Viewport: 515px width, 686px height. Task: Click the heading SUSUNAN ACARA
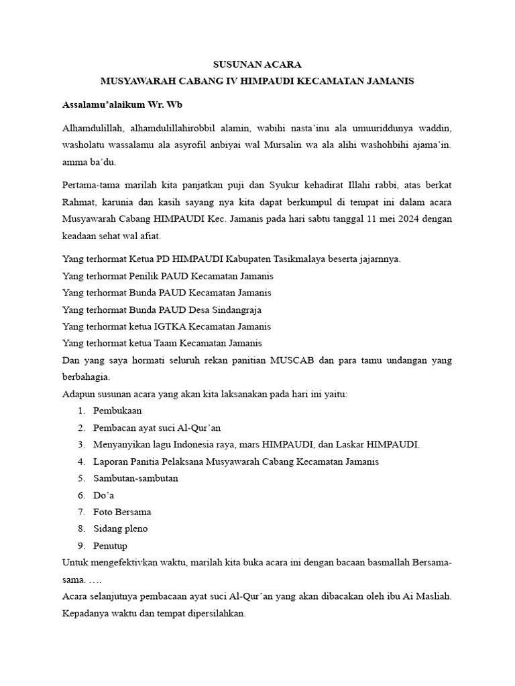257,65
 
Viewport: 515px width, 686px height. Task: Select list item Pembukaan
117,411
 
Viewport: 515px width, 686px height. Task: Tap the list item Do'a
104,495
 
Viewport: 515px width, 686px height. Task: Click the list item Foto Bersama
122,512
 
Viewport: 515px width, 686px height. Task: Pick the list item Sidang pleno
121,529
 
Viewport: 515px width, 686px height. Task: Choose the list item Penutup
110,545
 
